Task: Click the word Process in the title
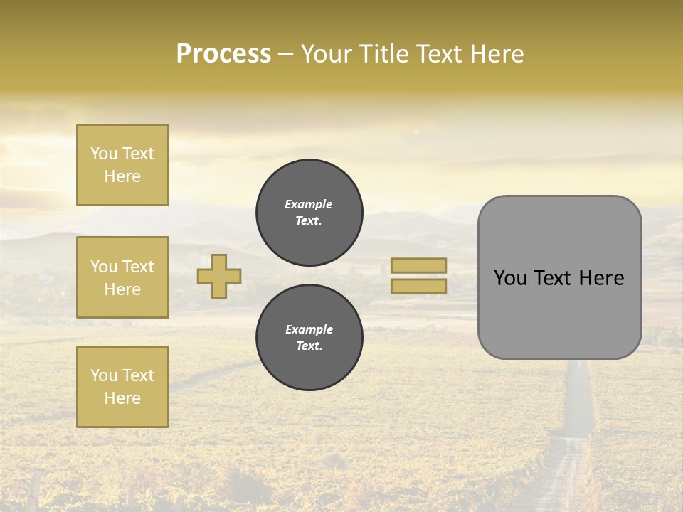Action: (223, 54)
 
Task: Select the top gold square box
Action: (122, 165)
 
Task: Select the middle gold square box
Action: (122, 277)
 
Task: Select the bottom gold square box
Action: (122, 387)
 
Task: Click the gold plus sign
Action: (219, 276)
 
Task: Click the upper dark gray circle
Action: (309, 212)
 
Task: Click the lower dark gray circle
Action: (309, 337)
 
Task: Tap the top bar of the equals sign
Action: (419, 265)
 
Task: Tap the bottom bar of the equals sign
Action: (419, 286)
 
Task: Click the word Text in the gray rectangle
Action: (552, 278)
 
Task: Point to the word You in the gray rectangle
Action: (509, 278)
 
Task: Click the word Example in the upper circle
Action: (309, 204)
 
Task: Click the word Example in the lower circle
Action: (309, 329)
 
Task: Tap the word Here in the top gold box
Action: (122, 176)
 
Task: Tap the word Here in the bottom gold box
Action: (122, 398)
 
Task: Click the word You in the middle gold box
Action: (103, 267)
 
